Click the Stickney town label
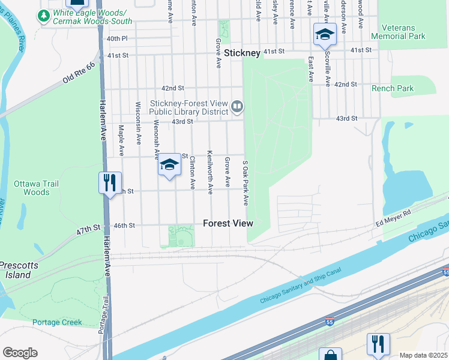(x=242, y=53)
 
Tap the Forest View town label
(x=228, y=223)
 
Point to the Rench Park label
(x=393, y=88)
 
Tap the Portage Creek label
(x=57, y=322)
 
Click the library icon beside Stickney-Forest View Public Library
(x=237, y=107)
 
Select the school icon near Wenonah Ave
(x=169, y=165)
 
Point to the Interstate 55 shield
(x=444, y=272)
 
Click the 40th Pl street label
(x=117, y=38)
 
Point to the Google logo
(x=20, y=353)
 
